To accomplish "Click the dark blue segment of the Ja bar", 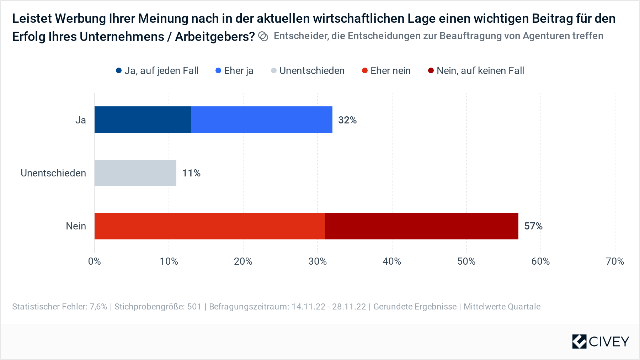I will point(143,120).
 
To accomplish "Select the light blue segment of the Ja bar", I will point(262,120).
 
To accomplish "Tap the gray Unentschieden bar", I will point(135,173).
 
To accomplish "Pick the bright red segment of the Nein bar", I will point(209,226).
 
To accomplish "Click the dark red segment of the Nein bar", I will point(421,226).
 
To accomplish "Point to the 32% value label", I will point(347,120).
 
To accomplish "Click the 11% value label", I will point(191,173).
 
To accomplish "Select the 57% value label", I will point(533,226).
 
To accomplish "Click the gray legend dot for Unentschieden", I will point(274,71).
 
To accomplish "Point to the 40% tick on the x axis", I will point(392,261).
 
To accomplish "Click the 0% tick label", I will point(95,261).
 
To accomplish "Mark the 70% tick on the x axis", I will point(615,261).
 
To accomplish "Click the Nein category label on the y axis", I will point(76,226).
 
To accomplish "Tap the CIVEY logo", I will point(601,342).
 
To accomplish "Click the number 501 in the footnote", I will point(194,307).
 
